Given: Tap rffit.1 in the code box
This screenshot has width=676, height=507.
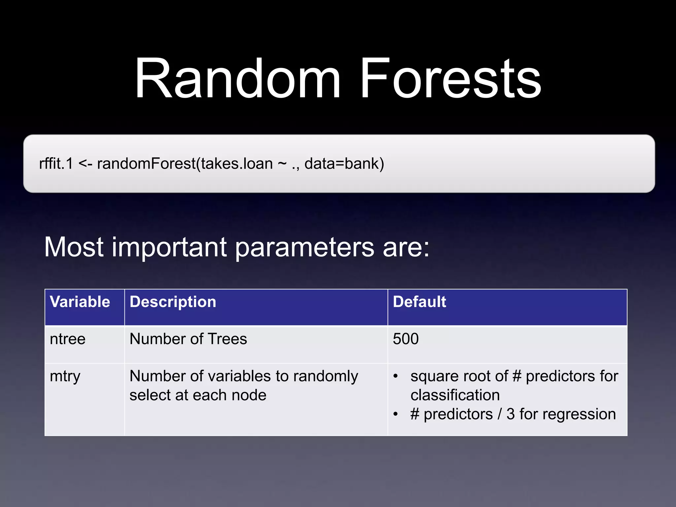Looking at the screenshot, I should coord(56,163).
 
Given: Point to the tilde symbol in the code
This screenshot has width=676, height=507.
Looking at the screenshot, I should coord(282,163).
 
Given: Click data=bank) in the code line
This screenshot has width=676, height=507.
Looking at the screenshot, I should coord(344,163).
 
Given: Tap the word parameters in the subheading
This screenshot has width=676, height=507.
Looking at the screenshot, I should coord(304,248).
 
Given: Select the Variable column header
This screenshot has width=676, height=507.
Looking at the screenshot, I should coord(80,302).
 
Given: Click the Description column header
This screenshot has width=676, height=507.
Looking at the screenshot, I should coord(173,302).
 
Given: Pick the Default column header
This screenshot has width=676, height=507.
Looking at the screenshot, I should coord(419,302).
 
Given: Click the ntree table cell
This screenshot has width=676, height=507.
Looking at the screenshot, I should coord(68,339).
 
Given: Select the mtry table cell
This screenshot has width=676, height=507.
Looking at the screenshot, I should coord(65,376).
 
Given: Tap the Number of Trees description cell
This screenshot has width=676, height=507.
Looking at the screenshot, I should coord(188,339).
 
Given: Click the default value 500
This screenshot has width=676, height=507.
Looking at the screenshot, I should coord(406,339).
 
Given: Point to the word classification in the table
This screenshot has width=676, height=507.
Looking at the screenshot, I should coord(455,395).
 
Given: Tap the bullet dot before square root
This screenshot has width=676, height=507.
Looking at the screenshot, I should coord(395,376).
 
